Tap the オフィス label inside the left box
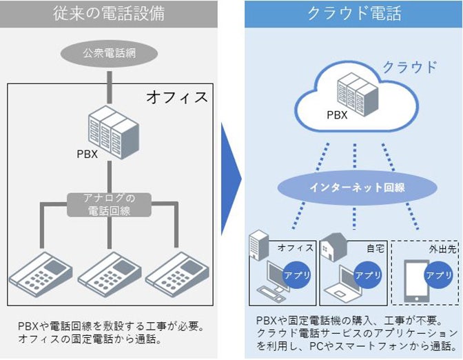(x=176, y=97)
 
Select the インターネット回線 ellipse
(x=353, y=187)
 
